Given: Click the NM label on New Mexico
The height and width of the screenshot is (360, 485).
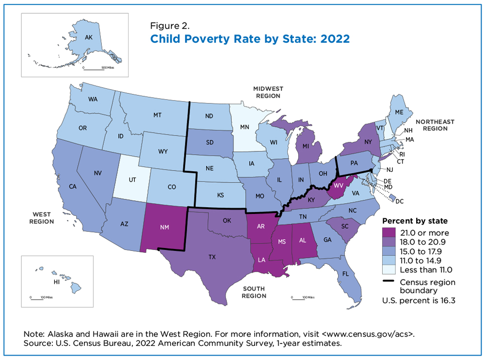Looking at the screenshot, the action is [x=164, y=227].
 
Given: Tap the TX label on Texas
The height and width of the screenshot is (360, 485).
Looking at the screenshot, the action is [x=212, y=257].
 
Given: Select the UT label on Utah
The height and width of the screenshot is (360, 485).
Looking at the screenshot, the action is [x=132, y=180].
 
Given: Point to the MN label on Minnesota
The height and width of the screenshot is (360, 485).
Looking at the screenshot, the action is [x=244, y=127].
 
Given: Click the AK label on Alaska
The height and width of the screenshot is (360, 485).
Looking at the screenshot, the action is [x=89, y=37].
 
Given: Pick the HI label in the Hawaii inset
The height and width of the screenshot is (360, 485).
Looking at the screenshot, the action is [x=57, y=282].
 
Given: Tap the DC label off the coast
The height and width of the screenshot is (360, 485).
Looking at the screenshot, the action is [x=400, y=201].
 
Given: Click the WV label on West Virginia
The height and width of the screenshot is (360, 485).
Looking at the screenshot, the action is [x=339, y=186].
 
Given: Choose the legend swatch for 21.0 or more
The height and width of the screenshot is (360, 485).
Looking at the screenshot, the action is [x=389, y=232].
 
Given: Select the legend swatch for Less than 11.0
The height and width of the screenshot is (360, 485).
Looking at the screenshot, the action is [x=389, y=270].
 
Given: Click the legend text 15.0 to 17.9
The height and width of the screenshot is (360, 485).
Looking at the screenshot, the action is [x=420, y=251].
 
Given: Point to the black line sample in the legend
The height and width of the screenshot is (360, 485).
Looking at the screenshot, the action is [x=388, y=281].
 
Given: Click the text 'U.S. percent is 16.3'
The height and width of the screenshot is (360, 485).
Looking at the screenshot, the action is [x=419, y=301].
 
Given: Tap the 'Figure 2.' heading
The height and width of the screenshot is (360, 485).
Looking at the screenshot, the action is [x=170, y=26].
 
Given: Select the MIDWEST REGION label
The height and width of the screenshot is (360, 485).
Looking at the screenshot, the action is [x=268, y=92].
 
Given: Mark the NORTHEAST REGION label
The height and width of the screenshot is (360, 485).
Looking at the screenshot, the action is [x=435, y=125].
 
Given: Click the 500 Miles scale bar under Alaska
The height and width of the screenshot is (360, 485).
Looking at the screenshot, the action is [x=94, y=69].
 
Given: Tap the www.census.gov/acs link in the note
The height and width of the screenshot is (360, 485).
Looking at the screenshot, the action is [x=368, y=334].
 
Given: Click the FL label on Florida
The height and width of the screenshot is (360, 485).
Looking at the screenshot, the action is [x=345, y=274].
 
